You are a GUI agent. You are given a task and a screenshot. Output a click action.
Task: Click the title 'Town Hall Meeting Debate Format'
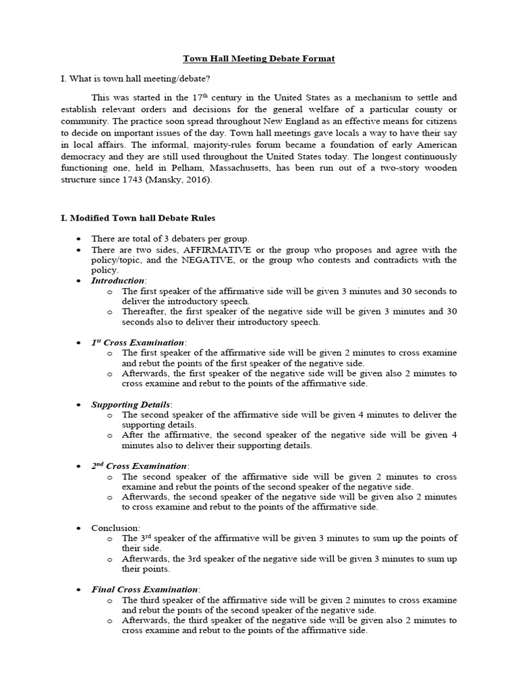260,59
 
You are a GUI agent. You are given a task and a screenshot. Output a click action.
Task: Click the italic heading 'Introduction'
118,280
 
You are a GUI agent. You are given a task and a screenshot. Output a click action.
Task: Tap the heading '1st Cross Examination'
138,342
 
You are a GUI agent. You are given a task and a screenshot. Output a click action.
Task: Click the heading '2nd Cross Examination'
140,466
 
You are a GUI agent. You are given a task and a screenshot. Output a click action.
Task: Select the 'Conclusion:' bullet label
116,528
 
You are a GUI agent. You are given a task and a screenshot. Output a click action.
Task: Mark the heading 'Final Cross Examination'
145,589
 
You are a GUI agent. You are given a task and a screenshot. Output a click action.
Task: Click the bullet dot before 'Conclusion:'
79,528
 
